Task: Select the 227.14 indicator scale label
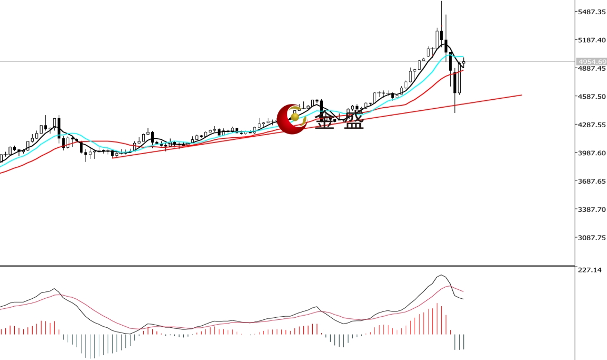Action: point(590,270)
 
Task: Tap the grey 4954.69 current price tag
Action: point(591,61)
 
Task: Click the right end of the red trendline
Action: point(521,95)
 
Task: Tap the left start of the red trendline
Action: point(113,157)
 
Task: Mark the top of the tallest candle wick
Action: point(441,2)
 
